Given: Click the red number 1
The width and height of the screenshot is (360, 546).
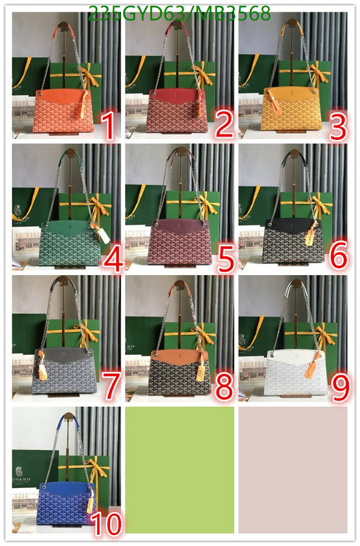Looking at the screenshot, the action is point(109,128).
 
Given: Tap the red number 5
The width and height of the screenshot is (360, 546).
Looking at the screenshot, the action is point(226,259).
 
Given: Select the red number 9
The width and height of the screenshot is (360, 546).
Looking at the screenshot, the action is point(340,388).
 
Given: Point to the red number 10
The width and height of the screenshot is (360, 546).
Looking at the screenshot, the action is point(107,524).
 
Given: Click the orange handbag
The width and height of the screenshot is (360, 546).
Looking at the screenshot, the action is point(63,111).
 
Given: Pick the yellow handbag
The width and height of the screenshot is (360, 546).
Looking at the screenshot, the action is point(290,109).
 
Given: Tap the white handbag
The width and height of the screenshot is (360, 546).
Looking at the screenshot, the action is point(296,373).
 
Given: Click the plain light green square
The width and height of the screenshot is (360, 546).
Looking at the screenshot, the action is point(180,470).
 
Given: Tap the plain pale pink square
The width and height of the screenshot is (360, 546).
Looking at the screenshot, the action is point(293,470).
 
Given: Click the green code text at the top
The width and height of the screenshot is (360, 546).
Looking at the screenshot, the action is point(180,14).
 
